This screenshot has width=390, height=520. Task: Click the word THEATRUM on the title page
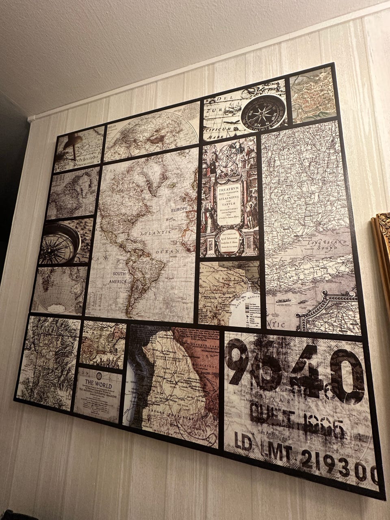228,189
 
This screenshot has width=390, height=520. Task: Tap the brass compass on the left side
61,244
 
